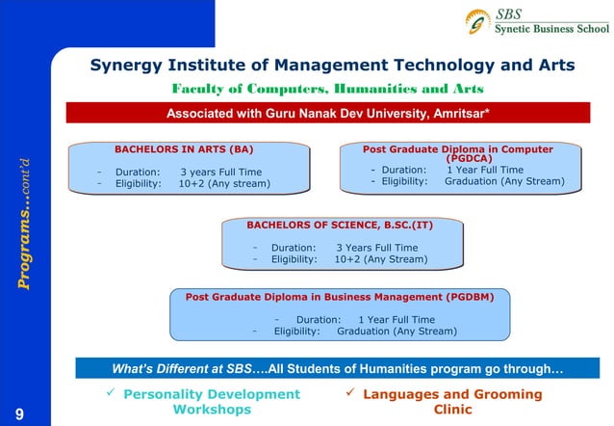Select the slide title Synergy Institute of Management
coord(332,66)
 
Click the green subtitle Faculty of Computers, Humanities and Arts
coord(326,90)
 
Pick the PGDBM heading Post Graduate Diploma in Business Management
coord(340,298)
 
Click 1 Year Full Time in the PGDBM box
coord(396,320)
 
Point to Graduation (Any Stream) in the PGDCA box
coord(504,181)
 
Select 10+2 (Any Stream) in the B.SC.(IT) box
coord(380,259)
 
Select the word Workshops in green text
coord(205,410)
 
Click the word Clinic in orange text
coord(453,410)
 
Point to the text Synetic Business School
coord(551,29)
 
